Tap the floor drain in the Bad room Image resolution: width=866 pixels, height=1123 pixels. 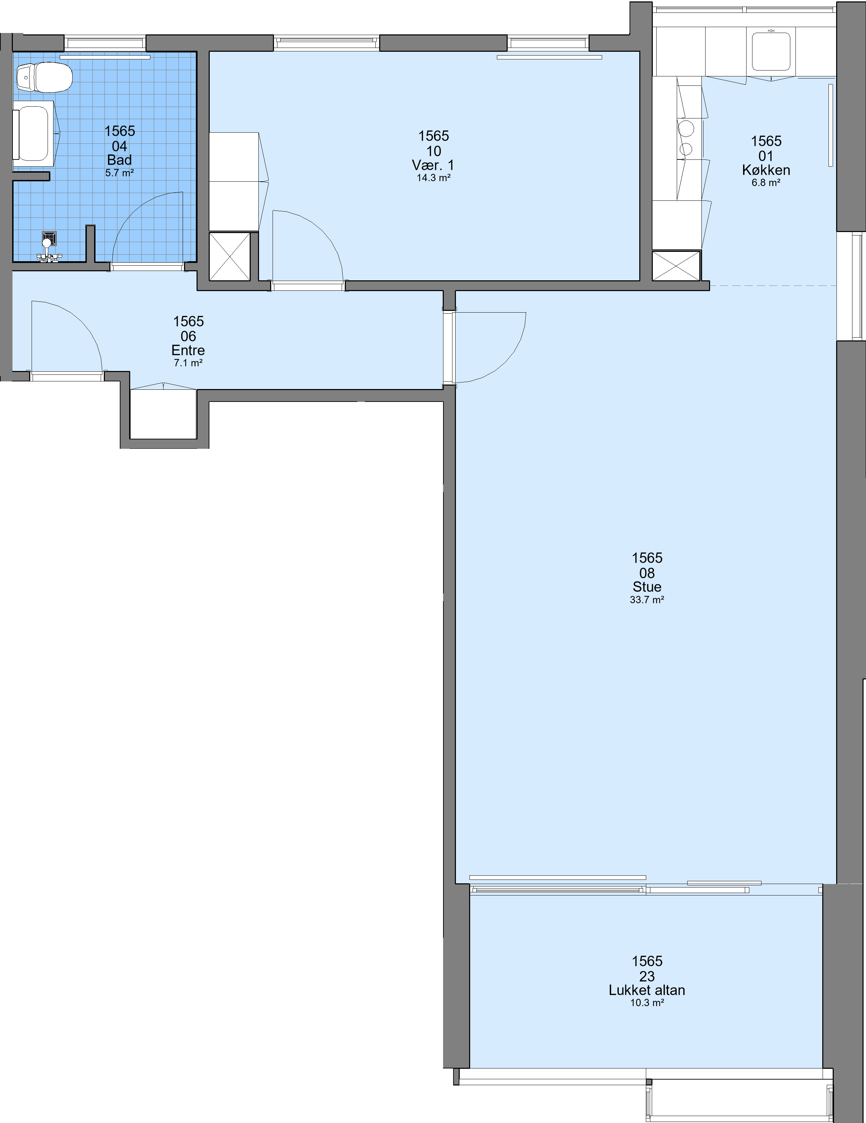tap(49, 239)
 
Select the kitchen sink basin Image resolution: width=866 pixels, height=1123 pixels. tap(771, 51)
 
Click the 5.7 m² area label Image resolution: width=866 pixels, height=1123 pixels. tap(120, 173)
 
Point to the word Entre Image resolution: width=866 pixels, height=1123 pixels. tap(188, 351)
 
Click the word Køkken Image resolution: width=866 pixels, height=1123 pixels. tap(766, 170)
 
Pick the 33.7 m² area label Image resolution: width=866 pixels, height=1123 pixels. tap(647, 600)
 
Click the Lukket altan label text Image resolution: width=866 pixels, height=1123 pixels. tap(647, 990)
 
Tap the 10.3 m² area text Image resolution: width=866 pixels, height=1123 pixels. tap(647, 1003)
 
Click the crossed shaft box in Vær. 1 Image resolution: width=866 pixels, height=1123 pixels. tap(230, 257)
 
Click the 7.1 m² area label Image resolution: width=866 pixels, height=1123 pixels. tap(188, 363)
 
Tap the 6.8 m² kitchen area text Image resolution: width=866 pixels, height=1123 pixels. tap(766, 183)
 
